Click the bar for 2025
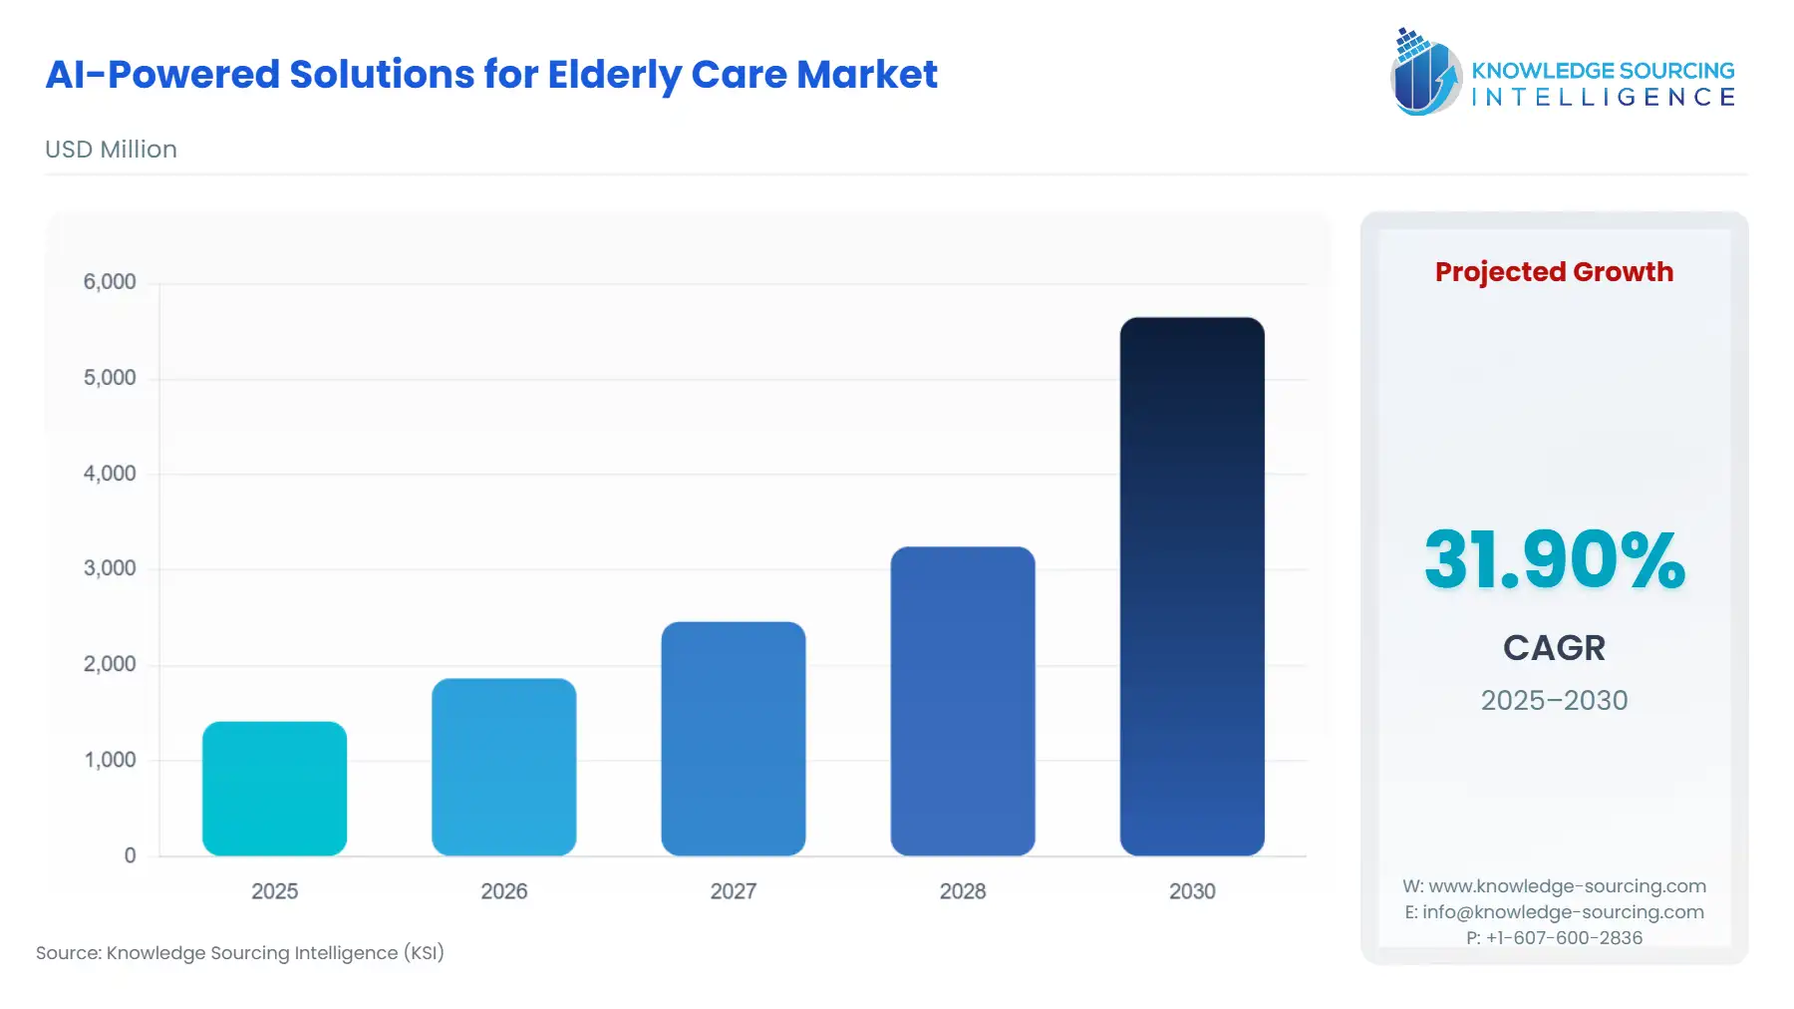click(x=274, y=789)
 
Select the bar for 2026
click(x=503, y=767)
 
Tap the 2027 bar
click(x=733, y=739)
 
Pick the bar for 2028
click(x=962, y=701)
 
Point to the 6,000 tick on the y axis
click(x=110, y=282)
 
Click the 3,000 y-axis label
click(x=110, y=569)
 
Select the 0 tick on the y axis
click(x=130, y=855)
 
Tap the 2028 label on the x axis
click(x=962, y=891)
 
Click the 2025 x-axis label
click(x=274, y=891)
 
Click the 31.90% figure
click(x=1554, y=560)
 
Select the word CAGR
click(x=1554, y=648)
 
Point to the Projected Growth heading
click(x=1554, y=272)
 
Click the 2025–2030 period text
click(x=1554, y=700)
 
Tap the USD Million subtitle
click(x=111, y=150)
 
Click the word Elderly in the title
click(x=613, y=75)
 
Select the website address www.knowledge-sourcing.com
click(x=1567, y=886)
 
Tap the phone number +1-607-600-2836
click(x=1564, y=938)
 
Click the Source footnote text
click(x=239, y=953)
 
